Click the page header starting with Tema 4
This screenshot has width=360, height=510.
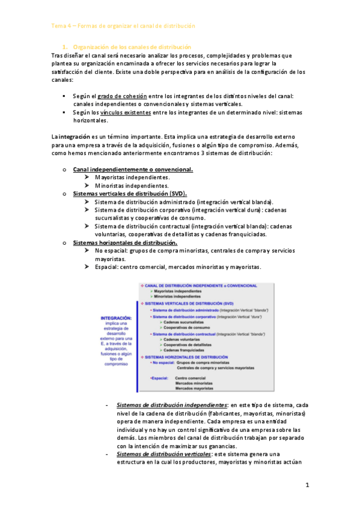coord(123,26)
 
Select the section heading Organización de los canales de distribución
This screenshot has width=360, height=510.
coord(132,47)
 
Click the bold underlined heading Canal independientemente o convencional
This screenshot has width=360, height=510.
coord(133,170)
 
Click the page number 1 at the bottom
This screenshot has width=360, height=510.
coord(307,485)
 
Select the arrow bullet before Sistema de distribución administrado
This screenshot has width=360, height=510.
coord(88,202)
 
